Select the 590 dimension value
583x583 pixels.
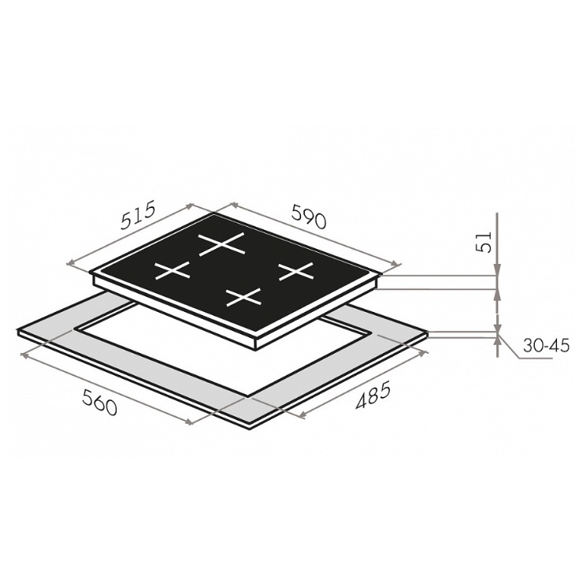tap(309, 216)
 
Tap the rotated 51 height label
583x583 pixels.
tap(484, 242)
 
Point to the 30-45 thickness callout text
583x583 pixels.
tap(546, 346)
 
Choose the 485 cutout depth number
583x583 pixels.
tap(373, 395)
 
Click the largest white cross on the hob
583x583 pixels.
tap(222, 244)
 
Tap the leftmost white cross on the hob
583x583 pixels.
tap(173, 270)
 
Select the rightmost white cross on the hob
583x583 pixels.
tap(296, 271)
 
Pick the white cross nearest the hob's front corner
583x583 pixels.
tap(244, 297)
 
